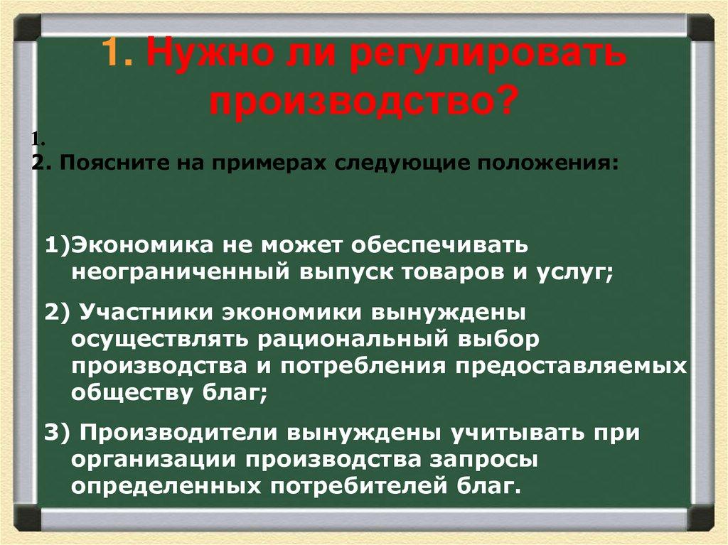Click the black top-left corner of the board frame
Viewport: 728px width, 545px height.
(x=26, y=28)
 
